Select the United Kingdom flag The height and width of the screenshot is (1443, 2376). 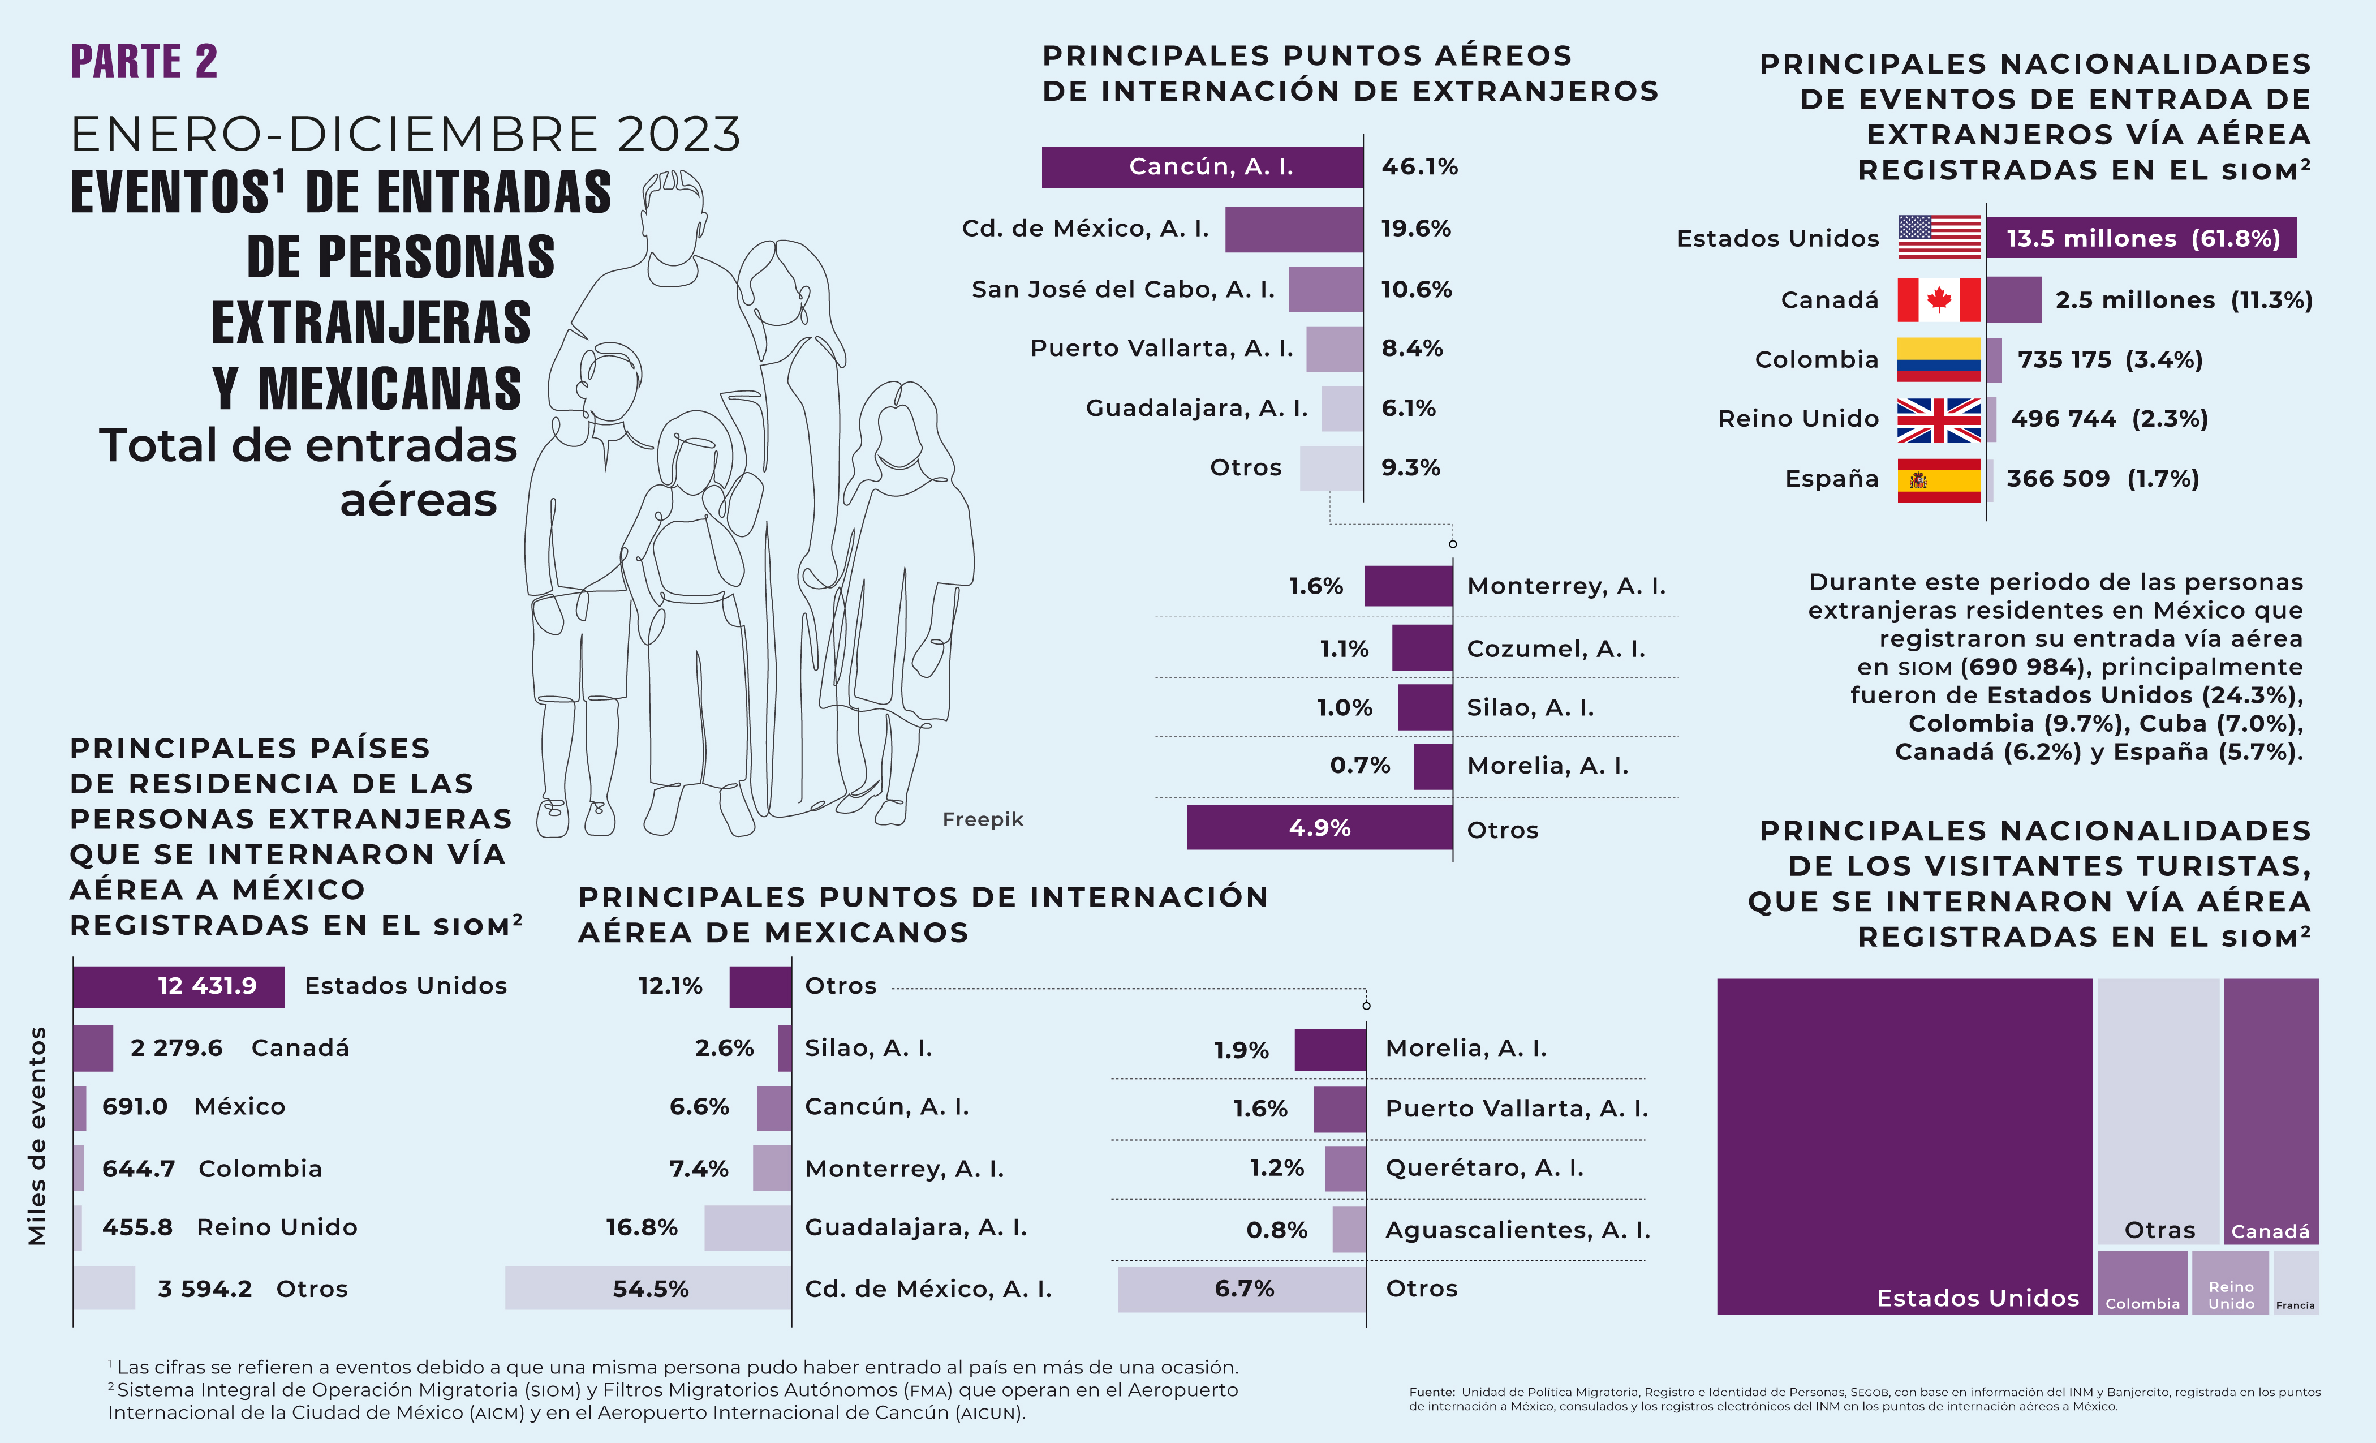(x=1938, y=419)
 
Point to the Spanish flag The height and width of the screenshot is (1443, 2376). (x=1938, y=479)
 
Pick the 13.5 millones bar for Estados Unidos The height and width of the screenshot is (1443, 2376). (x=2141, y=238)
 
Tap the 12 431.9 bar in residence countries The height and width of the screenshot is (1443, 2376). (x=178, y=986)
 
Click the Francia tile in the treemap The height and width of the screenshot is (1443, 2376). (x=2295, y=1283)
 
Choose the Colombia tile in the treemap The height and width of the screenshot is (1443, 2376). (x=2142, y=1283)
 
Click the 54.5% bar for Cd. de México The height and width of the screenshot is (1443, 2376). (x=648, y=1289)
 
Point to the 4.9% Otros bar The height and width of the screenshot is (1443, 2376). (x=1319, y=827)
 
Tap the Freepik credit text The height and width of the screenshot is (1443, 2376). (x=983, y=819)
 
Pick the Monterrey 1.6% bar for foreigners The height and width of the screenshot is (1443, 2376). (x=1408, y=586)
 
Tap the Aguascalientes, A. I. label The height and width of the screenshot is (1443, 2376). (x=1517, y=1230)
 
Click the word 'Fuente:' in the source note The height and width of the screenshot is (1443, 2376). (x=1431, y=1392)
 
